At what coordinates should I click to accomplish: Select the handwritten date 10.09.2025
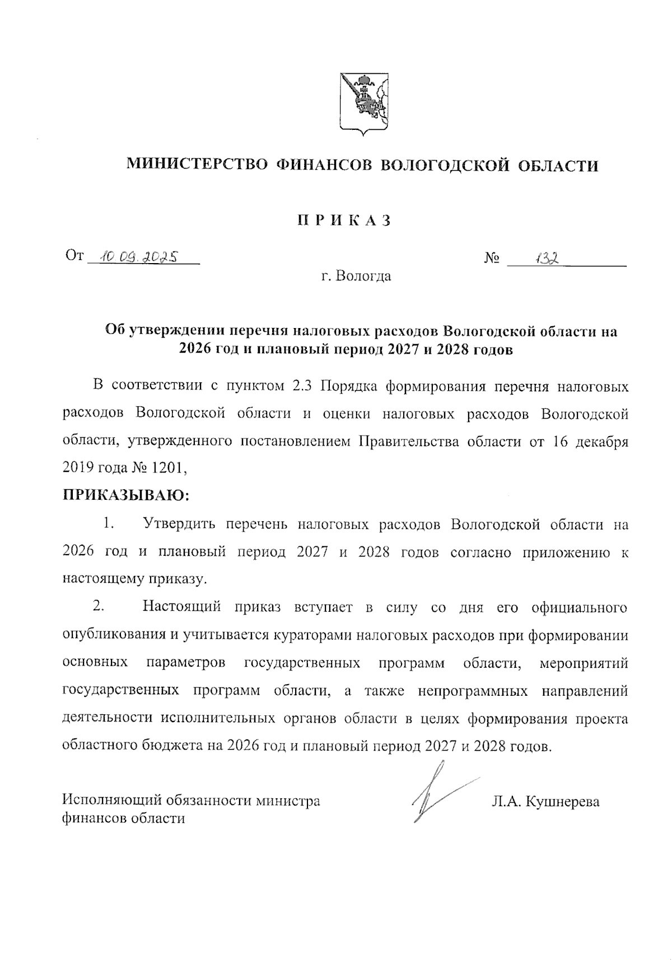pos(138,257)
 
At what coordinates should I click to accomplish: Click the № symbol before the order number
pos(492,259)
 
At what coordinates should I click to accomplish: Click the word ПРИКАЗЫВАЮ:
pos(126,495)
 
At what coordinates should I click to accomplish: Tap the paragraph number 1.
pos(108,525)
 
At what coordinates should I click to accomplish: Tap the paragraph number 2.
pos(99,607)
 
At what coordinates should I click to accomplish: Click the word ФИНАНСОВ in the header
pos(324,165)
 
